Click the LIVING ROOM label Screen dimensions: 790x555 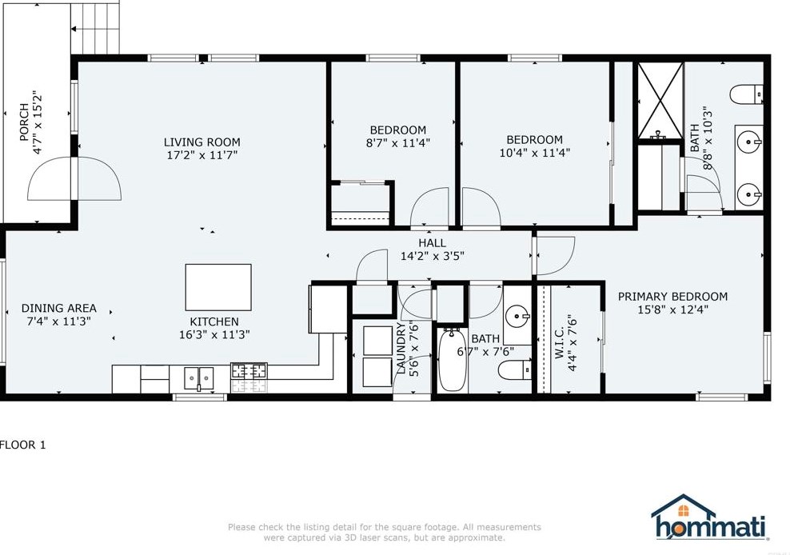coord(201,142)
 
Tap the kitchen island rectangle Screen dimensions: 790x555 coord(218,287)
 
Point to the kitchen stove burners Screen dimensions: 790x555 coord(249,371)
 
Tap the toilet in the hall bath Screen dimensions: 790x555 coord(515,370)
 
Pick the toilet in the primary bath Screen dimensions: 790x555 coord(747,94)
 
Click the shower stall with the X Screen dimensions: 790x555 coord(660,100)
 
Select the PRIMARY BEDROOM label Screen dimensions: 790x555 coord(672,297)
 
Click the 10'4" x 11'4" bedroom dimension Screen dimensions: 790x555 coord(535,152)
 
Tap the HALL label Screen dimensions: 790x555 coord(433,243)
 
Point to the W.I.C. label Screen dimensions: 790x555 coord(560,344)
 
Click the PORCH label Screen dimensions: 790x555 coord(24,122)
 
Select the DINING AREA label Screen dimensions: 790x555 coord(59,308)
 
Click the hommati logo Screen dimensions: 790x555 coord(709,517)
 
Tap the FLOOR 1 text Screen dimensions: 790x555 coord(22,445)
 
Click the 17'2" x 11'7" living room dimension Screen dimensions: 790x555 coord(201,155)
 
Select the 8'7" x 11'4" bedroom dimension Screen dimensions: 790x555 coord(398,142)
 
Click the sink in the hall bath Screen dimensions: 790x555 coord(517,316)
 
